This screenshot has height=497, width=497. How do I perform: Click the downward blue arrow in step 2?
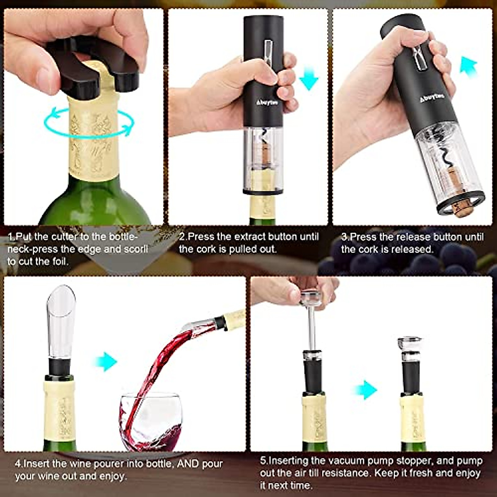308,79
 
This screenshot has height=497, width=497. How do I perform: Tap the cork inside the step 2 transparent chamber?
263,155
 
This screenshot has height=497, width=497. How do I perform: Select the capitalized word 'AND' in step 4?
188,464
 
